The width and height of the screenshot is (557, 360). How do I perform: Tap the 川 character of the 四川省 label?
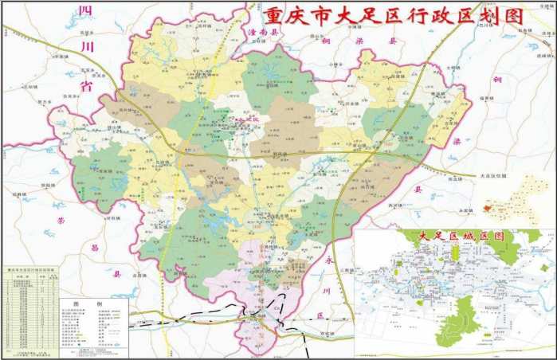[88, 47]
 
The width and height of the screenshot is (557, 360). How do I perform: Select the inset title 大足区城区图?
[455, 237]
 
